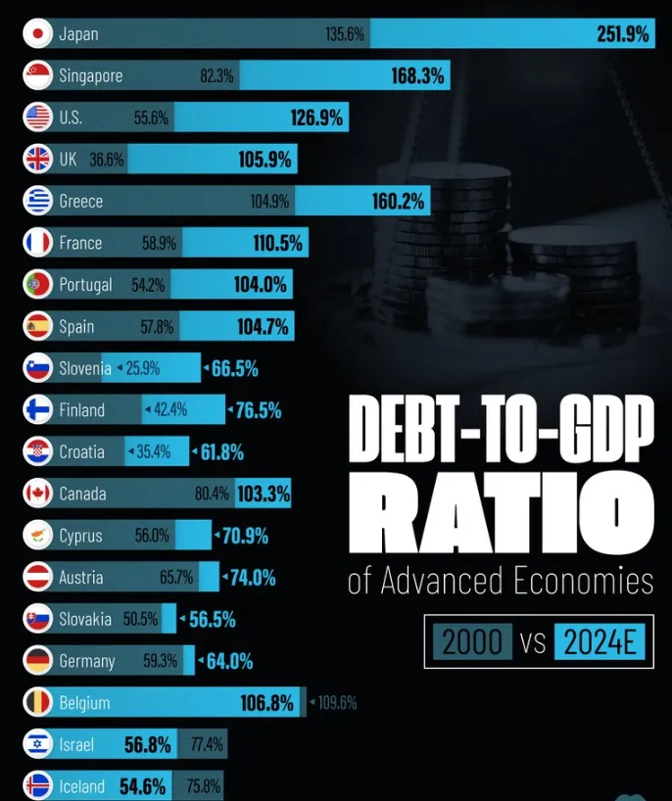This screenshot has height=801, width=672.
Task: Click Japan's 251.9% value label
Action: point(622,34)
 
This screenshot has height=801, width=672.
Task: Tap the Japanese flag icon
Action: point(38,33)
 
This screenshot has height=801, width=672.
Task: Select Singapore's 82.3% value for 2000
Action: point(216,75)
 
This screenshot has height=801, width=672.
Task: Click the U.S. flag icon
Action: point(38,117)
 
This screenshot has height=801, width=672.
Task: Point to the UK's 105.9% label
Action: point(264,160)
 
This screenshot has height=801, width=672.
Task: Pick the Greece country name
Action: point(80,201)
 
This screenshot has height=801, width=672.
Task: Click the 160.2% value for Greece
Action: point(398,202)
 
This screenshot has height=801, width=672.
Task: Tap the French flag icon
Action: point(38,242)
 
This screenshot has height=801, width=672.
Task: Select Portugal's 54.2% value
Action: point(148,285)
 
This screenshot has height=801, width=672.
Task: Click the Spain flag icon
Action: point(38,326)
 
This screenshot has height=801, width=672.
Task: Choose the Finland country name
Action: point(81,409)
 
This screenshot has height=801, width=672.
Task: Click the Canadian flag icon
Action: point(38,493)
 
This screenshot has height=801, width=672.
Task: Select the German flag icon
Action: point(38,660)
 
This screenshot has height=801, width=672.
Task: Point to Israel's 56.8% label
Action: point(147,745)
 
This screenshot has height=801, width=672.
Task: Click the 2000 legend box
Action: point(472,641)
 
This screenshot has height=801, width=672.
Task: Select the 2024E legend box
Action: point(600,641)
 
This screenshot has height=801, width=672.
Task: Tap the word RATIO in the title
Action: point(502,512)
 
